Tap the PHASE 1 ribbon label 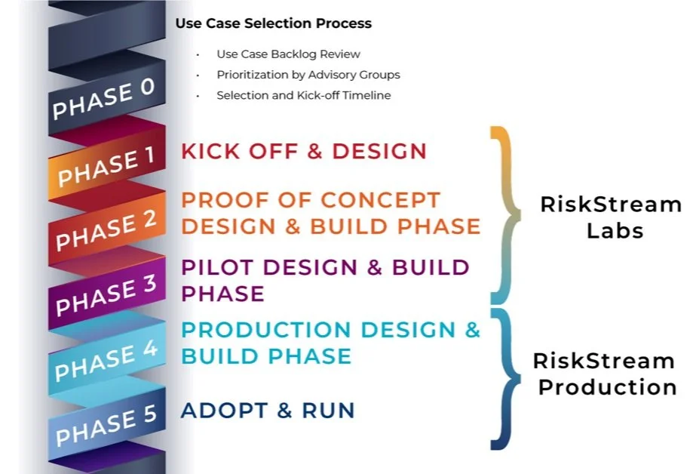[x=106, y=166]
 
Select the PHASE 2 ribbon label [x=106, y=229]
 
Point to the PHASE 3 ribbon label [x=106, y=294]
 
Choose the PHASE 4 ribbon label [x=106, y=360]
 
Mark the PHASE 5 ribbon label [x=106, y=424]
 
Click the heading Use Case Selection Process [x=273, y=23]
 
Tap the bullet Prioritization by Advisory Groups [x=308, y=75]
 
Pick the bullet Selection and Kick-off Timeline [x=303, y=95]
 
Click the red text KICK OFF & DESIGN [x=304, y=151]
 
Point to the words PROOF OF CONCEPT [x=311, y=200]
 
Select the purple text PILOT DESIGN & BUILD [x=325, y=267]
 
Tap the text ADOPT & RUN [x=268, y=411]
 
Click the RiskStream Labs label [x=610, y=217]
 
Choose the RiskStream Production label [x=606, y=374]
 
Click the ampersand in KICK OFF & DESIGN [x=313, y=151]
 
